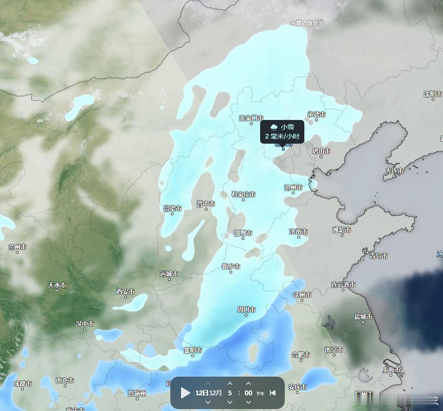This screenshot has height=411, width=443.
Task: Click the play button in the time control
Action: click(186, 393)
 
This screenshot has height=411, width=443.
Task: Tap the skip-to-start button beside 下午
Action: click(273, 393)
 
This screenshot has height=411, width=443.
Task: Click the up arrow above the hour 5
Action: click(230, 384)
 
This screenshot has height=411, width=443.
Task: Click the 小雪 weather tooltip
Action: click(282, 132)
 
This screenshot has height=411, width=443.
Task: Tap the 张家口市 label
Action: click(251, 118)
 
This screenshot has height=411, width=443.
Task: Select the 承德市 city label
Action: click(316, 114)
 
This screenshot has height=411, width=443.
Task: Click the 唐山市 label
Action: click(321, 151)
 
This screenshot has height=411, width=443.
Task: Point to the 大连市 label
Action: click(394, 171)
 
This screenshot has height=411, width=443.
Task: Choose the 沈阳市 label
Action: click(433, 94)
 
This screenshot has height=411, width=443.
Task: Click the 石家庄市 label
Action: click(243, 194)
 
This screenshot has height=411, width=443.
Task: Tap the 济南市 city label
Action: click(298, 232)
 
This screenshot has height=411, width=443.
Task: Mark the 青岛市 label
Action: click(378, 256)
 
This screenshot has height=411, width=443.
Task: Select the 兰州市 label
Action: click(17, 247)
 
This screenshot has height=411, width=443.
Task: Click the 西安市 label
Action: click(125, 292)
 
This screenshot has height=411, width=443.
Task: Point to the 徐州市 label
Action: click(302, 294)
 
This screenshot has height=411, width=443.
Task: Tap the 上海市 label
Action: click(391, 370)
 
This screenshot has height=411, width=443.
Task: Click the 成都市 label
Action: click(22, 384)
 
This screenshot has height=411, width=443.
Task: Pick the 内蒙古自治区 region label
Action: click(307, 23)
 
